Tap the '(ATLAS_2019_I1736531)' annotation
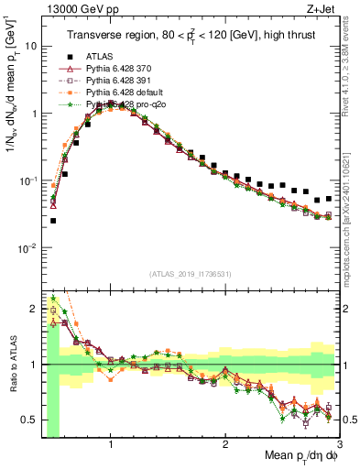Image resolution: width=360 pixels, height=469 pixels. pyautogui.click(x=191, y=273)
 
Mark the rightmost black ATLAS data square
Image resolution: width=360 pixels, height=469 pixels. pyautogui.click(x=329, y=198)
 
